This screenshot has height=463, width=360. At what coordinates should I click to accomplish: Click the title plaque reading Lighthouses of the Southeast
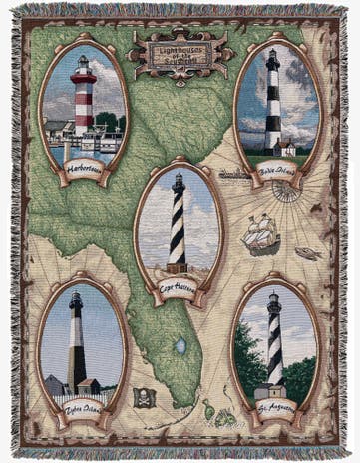tap(180, 48)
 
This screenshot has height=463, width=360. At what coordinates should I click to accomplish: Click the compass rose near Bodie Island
tap(288, 190)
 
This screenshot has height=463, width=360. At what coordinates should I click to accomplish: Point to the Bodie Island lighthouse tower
tap(273, 100)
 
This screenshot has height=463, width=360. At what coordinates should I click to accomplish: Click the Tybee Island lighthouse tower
tap(76, 344)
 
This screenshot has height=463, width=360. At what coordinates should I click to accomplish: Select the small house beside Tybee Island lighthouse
tap(55, 384)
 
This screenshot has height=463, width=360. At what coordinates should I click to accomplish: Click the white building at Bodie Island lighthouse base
tap(288, 149)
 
